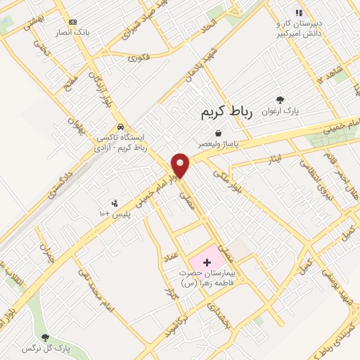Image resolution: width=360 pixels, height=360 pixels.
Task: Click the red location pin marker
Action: coord(181,165)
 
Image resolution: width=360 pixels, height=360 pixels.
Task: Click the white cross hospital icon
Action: coord(207,262)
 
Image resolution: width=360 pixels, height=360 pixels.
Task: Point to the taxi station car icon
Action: coord(121,127)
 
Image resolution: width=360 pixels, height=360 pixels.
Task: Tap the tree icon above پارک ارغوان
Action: coord(281,101)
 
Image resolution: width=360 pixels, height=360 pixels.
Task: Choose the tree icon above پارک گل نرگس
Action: coord(46,337)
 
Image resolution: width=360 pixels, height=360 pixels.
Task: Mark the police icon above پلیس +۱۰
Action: coord(115,202)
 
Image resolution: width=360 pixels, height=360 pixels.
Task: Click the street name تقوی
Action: coord(139,60)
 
